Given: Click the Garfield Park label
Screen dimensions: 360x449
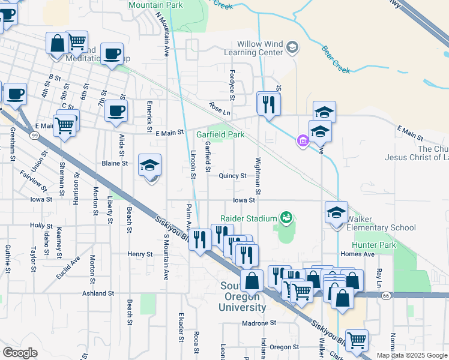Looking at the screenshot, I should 220,135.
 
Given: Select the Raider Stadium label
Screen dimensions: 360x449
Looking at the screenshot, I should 249,218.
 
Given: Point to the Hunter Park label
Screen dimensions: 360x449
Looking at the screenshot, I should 375,245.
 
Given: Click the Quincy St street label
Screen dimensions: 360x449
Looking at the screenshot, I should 232,176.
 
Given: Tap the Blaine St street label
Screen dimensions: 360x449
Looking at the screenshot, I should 115,163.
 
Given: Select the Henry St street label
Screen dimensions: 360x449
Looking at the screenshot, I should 140,254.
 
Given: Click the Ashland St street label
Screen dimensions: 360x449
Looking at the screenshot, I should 98,293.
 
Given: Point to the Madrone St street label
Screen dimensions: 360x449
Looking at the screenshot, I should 259,322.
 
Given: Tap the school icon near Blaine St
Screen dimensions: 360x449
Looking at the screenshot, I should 149,166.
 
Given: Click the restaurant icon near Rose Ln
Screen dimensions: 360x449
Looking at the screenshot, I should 268,104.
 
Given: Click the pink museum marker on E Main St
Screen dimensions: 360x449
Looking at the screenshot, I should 302,142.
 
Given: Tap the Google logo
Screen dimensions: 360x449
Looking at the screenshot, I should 20,353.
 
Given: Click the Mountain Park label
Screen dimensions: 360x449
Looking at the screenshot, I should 155,4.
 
